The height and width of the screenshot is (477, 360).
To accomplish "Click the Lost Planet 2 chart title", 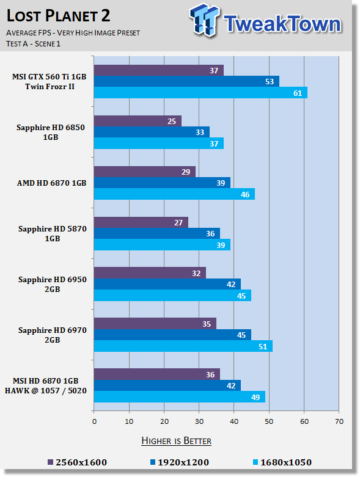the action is [58, 16].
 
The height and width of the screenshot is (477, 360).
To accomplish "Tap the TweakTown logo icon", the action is [205, 20].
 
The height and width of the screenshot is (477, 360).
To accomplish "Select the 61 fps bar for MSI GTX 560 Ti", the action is [200, 93].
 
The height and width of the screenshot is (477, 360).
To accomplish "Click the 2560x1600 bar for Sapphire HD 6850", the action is [138, 121].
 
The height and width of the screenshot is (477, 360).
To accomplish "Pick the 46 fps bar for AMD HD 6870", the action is [174, 194].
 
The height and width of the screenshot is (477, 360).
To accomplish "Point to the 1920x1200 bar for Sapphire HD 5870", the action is [156, 233].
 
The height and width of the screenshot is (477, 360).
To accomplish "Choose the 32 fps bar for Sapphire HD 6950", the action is [150, 273].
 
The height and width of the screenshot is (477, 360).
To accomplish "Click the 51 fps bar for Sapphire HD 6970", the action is [183, 346].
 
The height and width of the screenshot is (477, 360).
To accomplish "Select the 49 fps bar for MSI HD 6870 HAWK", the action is [180, 397].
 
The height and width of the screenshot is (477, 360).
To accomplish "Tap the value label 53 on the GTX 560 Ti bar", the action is [270, 81].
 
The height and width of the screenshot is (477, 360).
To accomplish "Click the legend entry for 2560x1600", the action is [77, 462].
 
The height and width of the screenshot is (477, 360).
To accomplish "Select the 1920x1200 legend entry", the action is [180, 462].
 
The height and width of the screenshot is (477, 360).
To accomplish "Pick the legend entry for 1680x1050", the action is [282, 462].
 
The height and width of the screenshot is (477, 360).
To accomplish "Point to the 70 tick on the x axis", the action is [339, 421].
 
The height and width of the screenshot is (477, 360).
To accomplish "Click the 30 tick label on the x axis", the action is [199, 421].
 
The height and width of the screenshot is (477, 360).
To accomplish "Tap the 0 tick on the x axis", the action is [94, 421].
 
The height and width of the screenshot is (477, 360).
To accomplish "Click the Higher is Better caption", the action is [176, 441].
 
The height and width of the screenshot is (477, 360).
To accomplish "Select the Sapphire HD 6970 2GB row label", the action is [53, 335].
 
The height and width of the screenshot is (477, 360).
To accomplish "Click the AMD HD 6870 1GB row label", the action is [52, 183].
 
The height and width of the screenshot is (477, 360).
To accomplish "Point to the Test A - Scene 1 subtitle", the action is [33, 44].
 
